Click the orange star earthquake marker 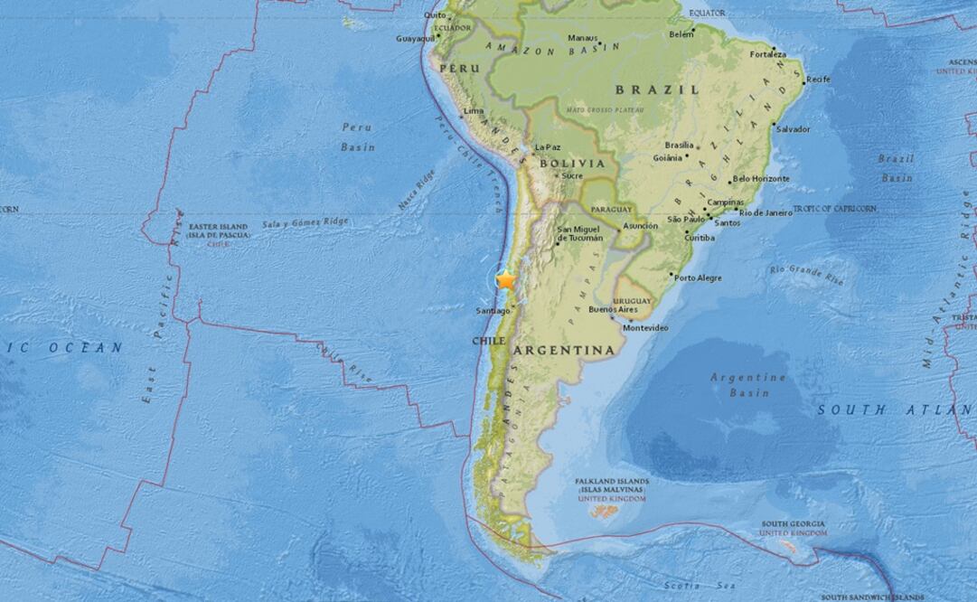(x=505, y=280)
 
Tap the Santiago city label (x=493, y=312)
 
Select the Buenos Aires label (x=607, y=310)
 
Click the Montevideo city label (x=645, y=328)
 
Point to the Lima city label (x=473, y=111)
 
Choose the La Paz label (x=548, y=147)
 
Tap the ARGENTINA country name (x=564, y=349)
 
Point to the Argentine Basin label (x=747, y=384)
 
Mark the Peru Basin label (x=357, y=136)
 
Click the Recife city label (x=819, y=80)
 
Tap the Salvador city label (x=794, y=129)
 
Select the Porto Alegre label (x=699, y=277)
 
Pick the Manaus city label (x=582, y=38)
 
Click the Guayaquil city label (x=416, y=39)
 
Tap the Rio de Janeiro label (x=766, y=212)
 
